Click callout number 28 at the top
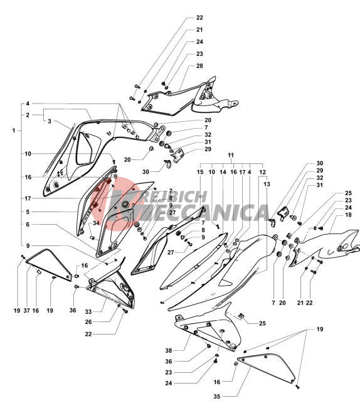point(199,66)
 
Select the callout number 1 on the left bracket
point(14,131)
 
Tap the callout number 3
point(50,121)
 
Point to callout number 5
point(28,212)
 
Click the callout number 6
point(28,224)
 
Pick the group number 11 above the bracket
point(231,155)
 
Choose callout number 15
point(200,172)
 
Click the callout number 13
point(267,184)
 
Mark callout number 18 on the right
point(348,215)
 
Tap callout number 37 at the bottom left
point(27,311)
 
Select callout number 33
point(88,311)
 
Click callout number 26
point(88,322)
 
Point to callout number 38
point(169,350)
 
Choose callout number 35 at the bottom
point(217,396)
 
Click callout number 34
point(96,223)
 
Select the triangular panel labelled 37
point(48,264)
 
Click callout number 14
point(223,172)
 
